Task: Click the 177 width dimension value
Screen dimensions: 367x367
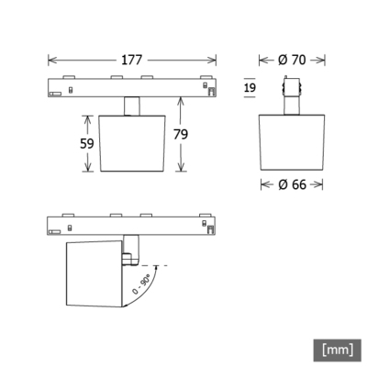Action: pyautogui.click(x=132, y=60)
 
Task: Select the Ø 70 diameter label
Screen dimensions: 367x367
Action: pyautogui.click(x=292, y=60)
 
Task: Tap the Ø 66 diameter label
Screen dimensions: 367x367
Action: pyautogui.click(x=292, y=184)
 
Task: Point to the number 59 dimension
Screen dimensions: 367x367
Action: pyautogui.click(x=87, y=143)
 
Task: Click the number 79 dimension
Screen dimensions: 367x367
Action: pyautogui.click(x=181, y=134)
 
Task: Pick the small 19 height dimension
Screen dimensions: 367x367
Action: pyautogui.click(x=250, y=88)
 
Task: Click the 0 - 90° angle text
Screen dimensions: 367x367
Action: pyautogui.click(x=141, y=284)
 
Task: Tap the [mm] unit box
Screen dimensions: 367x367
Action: pyautogui.click(x=338, y=350)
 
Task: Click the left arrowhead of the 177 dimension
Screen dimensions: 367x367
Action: pyautogui.click(x=53, y=60)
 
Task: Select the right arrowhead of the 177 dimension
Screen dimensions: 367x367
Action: pyautogui.click(x=212, y=60)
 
